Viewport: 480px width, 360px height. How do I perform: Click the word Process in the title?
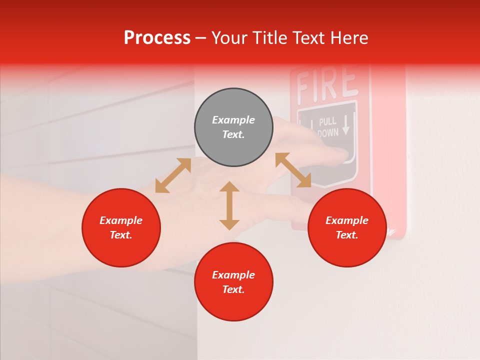157,38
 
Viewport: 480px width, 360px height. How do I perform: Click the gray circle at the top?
233,127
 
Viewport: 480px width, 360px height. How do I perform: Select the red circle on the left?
121,227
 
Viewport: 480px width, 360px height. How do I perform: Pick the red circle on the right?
347,227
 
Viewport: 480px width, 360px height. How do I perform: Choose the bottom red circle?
233,282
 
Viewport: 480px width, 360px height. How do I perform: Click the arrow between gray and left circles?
173,175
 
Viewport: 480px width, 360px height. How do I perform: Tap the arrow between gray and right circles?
293,170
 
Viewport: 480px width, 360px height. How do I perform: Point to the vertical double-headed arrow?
229,205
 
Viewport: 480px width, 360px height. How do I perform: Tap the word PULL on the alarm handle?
327,121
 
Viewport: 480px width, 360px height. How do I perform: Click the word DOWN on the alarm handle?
328,132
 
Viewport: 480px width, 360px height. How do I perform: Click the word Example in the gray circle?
233,120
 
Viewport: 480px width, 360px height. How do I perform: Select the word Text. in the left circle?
121,235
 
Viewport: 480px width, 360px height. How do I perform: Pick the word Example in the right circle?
347,220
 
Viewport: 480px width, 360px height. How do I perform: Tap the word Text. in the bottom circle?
233,289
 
